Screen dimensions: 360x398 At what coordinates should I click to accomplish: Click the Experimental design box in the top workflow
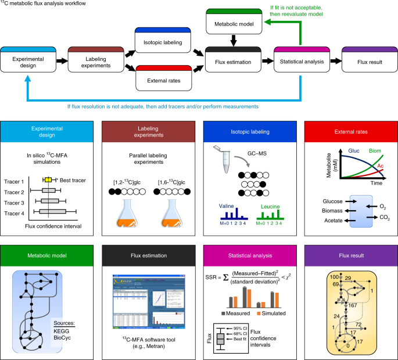(x=28, y=60)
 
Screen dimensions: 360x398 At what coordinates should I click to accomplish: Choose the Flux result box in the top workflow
(x=369, y=60)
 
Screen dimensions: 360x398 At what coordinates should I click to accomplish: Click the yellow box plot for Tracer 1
(x=48, y=181)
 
